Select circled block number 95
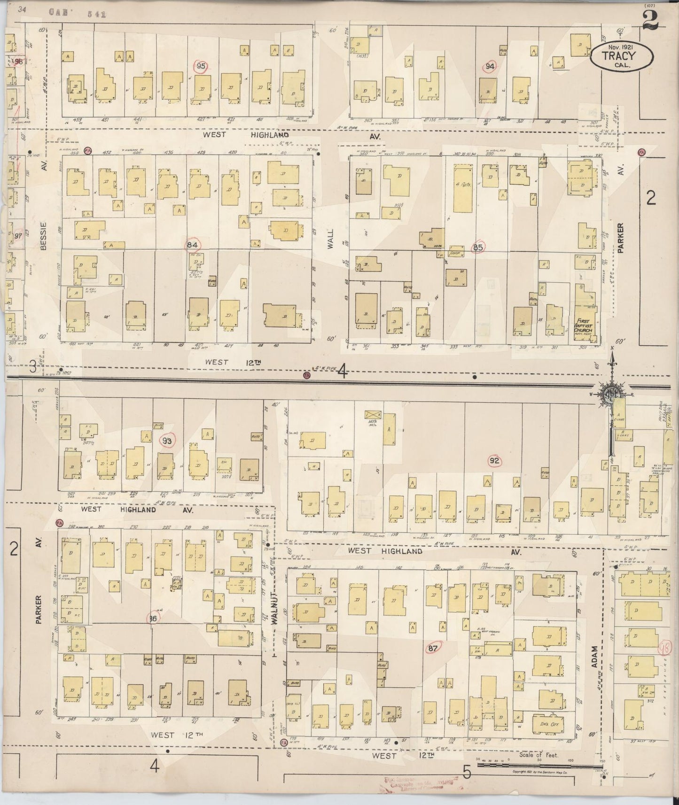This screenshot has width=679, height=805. click(x=201, y=66)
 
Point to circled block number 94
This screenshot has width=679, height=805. click(x=490, y=67)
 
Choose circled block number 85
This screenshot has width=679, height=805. click(x=478, y=247)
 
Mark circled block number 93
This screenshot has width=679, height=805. click(x=167, y=441)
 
